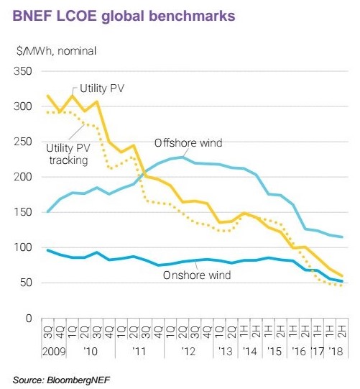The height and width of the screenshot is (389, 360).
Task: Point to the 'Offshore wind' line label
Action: (188, 143)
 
